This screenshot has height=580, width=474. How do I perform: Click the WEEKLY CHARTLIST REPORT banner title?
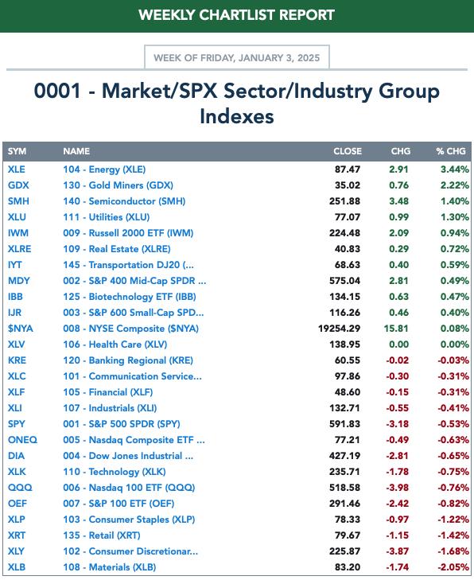[x=237, y=15]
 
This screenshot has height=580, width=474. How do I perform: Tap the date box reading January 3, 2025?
[x=237, y=57]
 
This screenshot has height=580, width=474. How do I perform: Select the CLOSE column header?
[x=348, y=151]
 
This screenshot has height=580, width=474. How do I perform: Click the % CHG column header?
[x=451, y=151]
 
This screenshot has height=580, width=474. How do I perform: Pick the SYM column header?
[x=17, y=151]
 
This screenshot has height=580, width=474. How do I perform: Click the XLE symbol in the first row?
[x=17, y=169]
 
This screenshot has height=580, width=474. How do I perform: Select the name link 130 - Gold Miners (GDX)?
[x=118, y=185]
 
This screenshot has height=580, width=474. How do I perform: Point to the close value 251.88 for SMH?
[x=344, y=201]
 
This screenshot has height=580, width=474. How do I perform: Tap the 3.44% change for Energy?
[x=454, y=169]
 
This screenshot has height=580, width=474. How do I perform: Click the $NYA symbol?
[x=21, y=329]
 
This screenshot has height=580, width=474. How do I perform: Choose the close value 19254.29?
[x=339, y=329]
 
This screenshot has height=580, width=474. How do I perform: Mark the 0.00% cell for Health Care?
[x=454, y=344]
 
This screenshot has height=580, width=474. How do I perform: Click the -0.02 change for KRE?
[x=398, y=360]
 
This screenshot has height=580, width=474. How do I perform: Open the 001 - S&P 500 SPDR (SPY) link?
[x=122, y=424]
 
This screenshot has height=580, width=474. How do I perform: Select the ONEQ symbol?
[x=22, y=440]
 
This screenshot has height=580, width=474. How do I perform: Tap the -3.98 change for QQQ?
[x=398, y=488]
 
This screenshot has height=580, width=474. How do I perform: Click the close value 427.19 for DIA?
[x=344, y=456]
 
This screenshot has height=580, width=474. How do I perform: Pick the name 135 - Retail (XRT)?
[x=102, y=535]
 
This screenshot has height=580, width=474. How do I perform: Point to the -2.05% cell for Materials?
[x=453, y=567]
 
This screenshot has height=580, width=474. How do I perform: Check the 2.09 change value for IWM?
[x=399, y=233]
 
